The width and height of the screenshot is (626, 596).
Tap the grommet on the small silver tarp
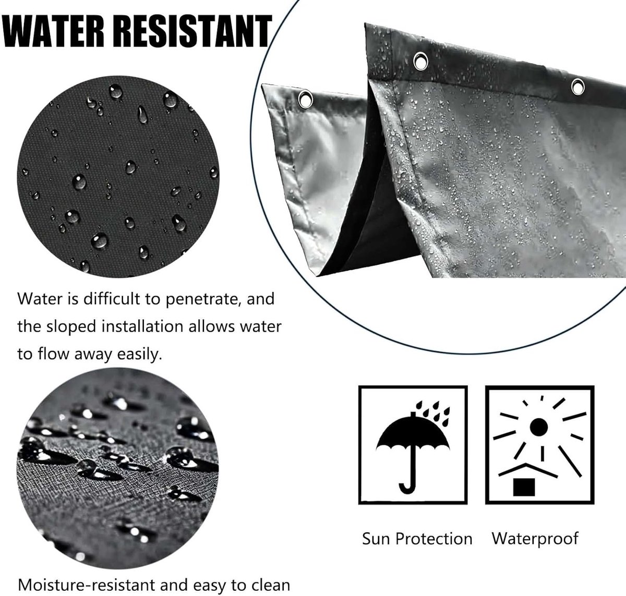[x=305, y=99]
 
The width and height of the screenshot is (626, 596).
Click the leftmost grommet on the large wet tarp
[x=420, y=60]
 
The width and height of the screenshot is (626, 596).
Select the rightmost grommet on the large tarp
[x=578, y=87]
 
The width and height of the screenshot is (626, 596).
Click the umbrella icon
[x=413, y=447]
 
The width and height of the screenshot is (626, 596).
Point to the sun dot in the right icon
[x=538, y=427]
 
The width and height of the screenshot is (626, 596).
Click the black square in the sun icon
[x=524, y=487]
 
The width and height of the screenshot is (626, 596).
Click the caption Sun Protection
[x=417, y=539]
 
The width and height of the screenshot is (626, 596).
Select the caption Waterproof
[x=535, y=539]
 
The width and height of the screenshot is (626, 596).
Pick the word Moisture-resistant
[x=86, y=585]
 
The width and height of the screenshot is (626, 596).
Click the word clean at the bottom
[x=271, y=585]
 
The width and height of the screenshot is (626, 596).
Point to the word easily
[x=139, y=355]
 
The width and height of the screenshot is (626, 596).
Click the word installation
[x=142, y=326]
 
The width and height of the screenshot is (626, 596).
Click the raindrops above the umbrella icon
[x=434, y=413]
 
